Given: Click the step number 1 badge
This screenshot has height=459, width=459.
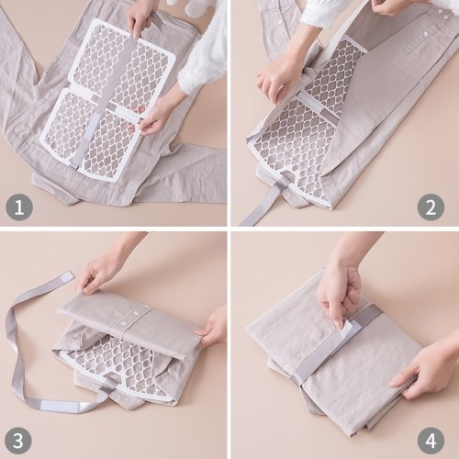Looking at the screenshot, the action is pos(19,207).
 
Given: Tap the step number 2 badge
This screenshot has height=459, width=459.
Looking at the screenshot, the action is pos(431,207).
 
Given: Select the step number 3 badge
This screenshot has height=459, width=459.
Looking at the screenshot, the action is pos(19,441).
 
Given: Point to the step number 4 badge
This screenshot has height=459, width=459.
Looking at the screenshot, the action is pos(431,441).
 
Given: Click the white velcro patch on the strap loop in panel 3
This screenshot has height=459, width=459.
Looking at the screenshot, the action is pos(55,405).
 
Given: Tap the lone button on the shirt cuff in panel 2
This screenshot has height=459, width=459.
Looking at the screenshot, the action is pos(425,34).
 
